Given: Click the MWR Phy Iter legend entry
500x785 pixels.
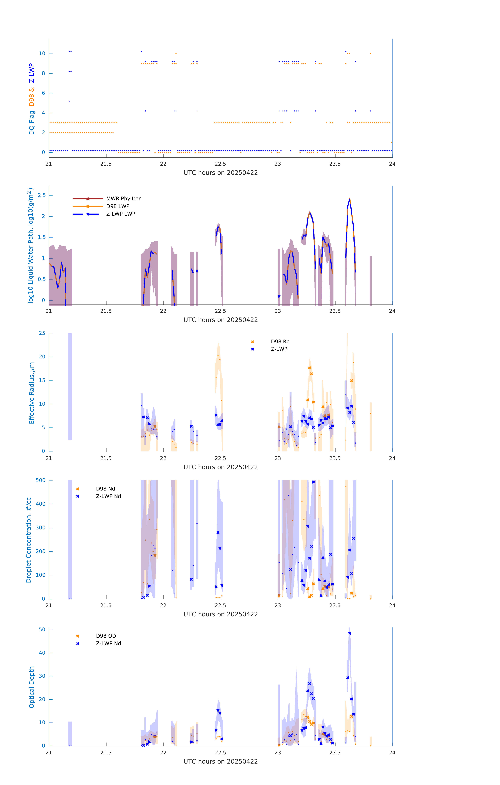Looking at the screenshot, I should point(123,198).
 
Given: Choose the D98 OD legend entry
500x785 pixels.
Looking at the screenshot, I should point(106,636).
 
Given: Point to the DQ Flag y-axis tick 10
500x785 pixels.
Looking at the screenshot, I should point(42,54).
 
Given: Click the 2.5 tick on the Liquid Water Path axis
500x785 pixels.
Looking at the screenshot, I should point(42,195).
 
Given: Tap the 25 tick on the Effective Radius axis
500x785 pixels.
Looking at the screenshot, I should point(42,333).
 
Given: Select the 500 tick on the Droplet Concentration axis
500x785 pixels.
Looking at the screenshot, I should point(41,480).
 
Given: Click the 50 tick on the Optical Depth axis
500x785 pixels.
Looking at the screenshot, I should point(42,629).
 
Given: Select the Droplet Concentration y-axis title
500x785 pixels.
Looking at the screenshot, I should point(29,540).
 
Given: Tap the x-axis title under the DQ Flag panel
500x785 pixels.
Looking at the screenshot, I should point(221,173).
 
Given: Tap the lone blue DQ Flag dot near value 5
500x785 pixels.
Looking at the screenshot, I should point(69,101).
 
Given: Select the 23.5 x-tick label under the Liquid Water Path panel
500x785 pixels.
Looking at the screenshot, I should point(335,311).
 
